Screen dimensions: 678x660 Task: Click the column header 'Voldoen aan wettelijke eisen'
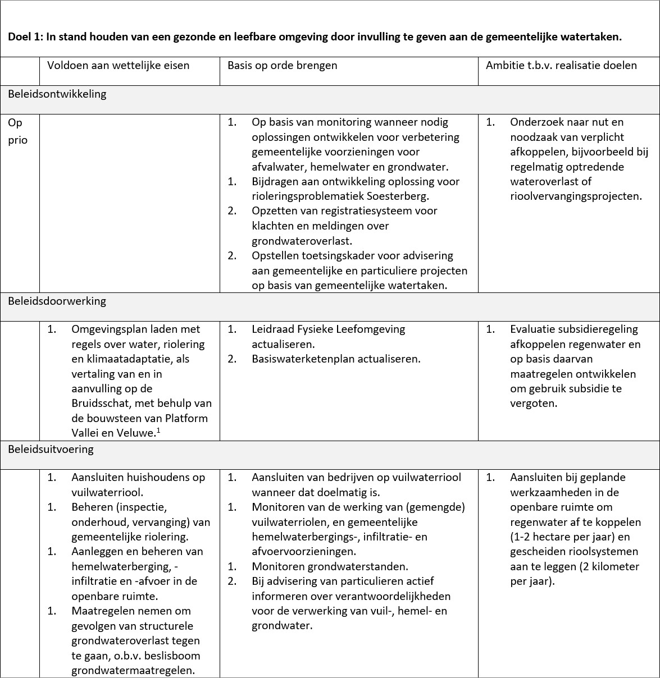pos(118,66)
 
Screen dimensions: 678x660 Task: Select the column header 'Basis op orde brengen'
pos(282,66)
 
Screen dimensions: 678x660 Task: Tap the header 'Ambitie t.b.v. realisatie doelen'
pos(561,66)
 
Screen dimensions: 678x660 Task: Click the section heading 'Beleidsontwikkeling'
pos(57,94)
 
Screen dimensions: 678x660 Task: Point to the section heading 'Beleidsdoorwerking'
pos(57,301)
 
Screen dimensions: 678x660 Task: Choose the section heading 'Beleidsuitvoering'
pos(51,449)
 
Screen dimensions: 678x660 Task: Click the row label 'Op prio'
pos(17,131)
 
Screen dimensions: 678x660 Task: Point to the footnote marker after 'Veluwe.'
pos(158,430)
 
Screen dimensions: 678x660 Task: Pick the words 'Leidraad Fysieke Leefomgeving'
pos(328,329)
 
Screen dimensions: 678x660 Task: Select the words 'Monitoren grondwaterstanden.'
pos(330,566)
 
